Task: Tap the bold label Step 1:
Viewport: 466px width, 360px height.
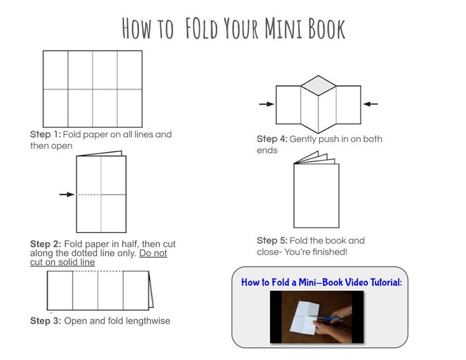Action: click(x=45, y=134)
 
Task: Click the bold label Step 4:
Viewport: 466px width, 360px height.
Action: click(x=271, y=140)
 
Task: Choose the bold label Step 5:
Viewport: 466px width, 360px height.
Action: click(x=271, y=240)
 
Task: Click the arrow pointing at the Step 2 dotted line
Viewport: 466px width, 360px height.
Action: click(x=66, y=194)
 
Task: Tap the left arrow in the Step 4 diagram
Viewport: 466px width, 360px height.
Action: click(x=266, y=104)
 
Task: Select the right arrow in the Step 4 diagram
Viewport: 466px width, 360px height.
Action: click(x=370, y=104)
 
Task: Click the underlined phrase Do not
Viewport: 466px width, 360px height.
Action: click(x=153, y=253)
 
